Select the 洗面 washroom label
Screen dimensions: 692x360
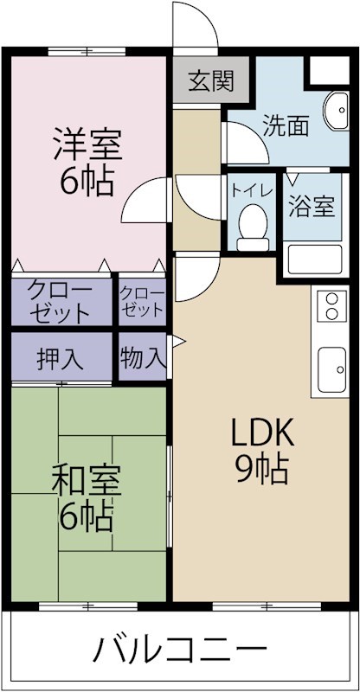[286, 127]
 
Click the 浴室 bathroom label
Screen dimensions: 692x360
[311, 208]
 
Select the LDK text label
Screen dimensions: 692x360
[261, 431]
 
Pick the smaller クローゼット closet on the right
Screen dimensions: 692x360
[141, 299]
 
